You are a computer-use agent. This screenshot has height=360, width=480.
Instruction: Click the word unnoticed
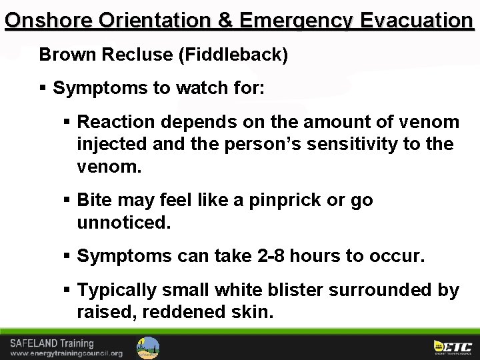pyautogui.click(x=124, y=223)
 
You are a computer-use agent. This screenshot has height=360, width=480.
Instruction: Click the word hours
pyautogui.click(x=319, y=256)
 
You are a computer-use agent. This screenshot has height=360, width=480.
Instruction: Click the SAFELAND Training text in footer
pyautogui.click(x=52, y=343)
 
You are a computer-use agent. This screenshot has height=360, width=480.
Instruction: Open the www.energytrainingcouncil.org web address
pyautogui.click(x=66, y=353)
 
